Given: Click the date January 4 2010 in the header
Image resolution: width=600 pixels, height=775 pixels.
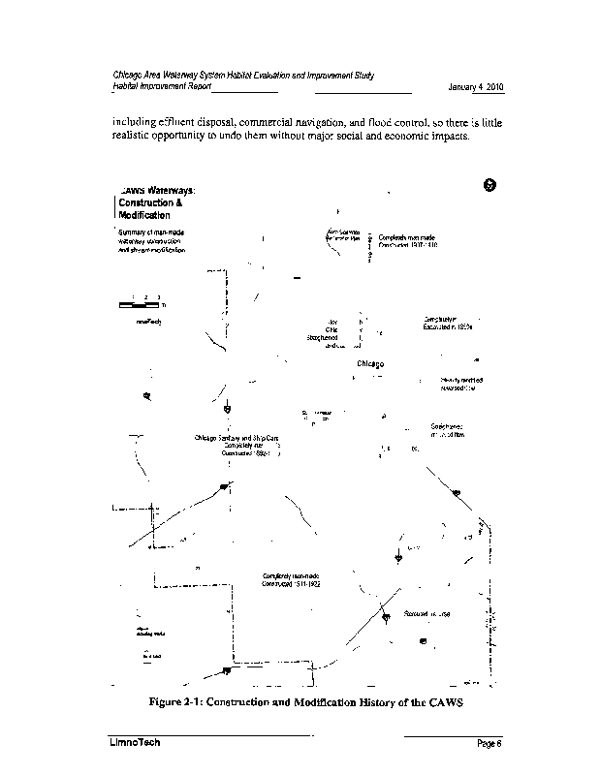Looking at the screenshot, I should click(x=476, y=88).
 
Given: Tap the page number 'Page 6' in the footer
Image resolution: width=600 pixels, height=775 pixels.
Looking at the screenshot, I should click(x=489, y=743).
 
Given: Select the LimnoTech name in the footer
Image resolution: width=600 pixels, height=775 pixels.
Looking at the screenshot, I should click(x=134, y=742).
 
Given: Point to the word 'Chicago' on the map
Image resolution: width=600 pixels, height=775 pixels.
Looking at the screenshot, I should click(x=372, y=364).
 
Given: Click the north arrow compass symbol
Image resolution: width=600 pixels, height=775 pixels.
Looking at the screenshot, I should click(x=489, y=186).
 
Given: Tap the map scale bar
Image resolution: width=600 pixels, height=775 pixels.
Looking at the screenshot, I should click(x=138, y=304).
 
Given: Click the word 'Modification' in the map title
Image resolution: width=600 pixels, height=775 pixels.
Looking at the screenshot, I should click(x=144, y=215).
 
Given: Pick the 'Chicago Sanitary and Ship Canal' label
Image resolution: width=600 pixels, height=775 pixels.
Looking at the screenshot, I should click(x=237, y=438).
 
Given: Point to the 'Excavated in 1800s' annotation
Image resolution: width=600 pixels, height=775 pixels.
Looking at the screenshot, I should click(x=447, y=327).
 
